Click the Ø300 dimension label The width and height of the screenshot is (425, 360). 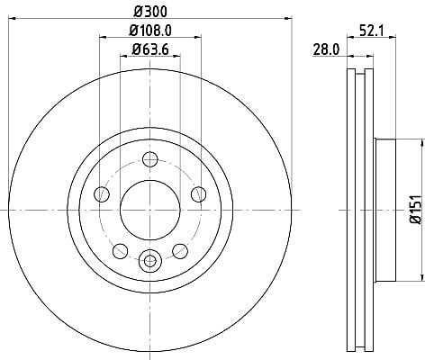[150, 12]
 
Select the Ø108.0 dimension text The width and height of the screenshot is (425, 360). [150, 31]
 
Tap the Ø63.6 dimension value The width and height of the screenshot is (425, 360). [150, 49]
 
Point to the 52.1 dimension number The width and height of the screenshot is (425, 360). [371, 31]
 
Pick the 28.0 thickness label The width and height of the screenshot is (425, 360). [326, 49]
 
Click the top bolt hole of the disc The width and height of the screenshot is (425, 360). [150, 159]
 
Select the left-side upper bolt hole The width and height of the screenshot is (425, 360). [102, 194]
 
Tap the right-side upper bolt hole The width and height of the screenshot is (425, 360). [199, 194]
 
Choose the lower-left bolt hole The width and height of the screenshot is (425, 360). [120, 251]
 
